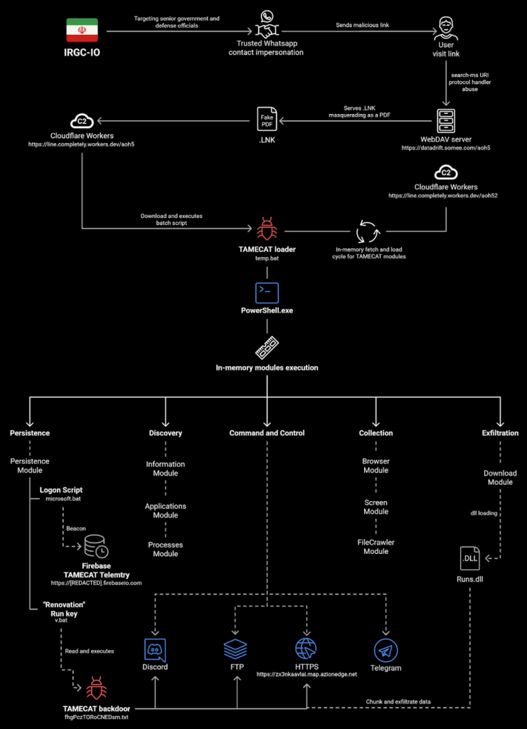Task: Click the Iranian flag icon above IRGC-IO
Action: coord(82,31)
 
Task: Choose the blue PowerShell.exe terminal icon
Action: coord(267,293)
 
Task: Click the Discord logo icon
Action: coord(155,650)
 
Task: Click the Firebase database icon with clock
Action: coord(96,546)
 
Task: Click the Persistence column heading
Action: coord(30,433)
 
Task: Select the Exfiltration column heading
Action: coord(500,433)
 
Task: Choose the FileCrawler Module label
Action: coord(376,547)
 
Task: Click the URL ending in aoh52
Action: coord(442,195)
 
